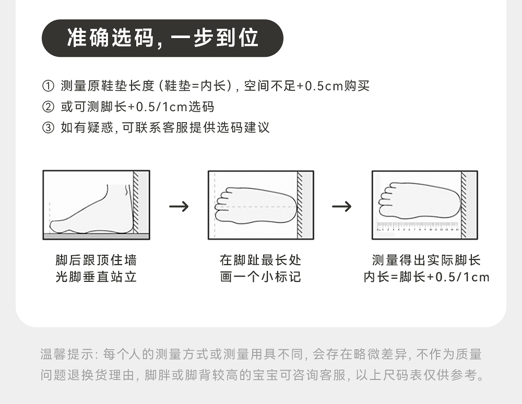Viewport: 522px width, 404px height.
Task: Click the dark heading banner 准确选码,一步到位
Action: point(162,38)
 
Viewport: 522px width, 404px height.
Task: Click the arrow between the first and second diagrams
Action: point(179,206)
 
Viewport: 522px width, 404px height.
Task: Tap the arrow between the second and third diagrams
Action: point(342,206)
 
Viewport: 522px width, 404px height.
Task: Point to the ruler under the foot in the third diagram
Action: point(418,226)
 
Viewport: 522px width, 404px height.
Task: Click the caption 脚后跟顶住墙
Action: point(96,260)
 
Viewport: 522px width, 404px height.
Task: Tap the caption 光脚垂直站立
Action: point(96,277)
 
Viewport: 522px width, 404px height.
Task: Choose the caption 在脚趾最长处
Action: point(260,260)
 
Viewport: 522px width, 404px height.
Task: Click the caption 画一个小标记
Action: point(260,277)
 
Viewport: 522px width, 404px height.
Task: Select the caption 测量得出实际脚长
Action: point(426,260)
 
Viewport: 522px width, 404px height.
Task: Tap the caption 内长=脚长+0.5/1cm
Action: point(426,277)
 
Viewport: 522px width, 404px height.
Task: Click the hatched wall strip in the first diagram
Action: point(136,202)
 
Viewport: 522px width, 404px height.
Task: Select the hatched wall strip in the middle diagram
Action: point(300,205)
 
